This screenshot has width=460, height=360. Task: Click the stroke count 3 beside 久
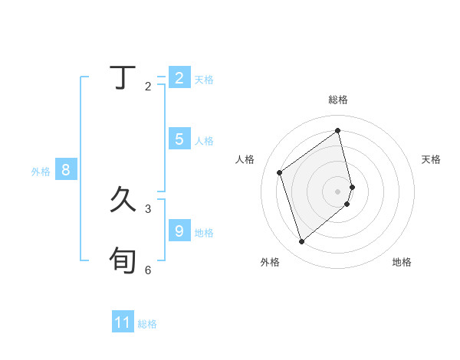point(148,208)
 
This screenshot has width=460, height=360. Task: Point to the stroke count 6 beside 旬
point(148,270)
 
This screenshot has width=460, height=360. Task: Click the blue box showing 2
point(179,77)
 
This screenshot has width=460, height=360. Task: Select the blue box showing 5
point(179,139)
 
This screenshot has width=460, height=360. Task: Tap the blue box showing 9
point(179,231)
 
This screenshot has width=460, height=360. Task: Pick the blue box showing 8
point(66,170)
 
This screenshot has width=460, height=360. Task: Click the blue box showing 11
point(123,322)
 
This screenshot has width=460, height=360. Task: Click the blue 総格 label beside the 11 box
point(147,324)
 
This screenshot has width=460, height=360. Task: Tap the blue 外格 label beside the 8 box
point(41,172)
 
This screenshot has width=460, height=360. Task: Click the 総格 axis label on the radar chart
point(338,100)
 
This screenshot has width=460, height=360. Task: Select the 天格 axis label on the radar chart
point(432,159)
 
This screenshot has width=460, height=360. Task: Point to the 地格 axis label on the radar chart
point(402,262)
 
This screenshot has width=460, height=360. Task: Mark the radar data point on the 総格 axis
point(338,130)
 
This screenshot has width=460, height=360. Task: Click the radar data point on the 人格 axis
point(280,172)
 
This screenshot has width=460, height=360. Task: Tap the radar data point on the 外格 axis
point(301,242)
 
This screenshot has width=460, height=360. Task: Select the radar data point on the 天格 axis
point(352,186)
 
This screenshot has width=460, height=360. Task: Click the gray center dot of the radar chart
point(338,191)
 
